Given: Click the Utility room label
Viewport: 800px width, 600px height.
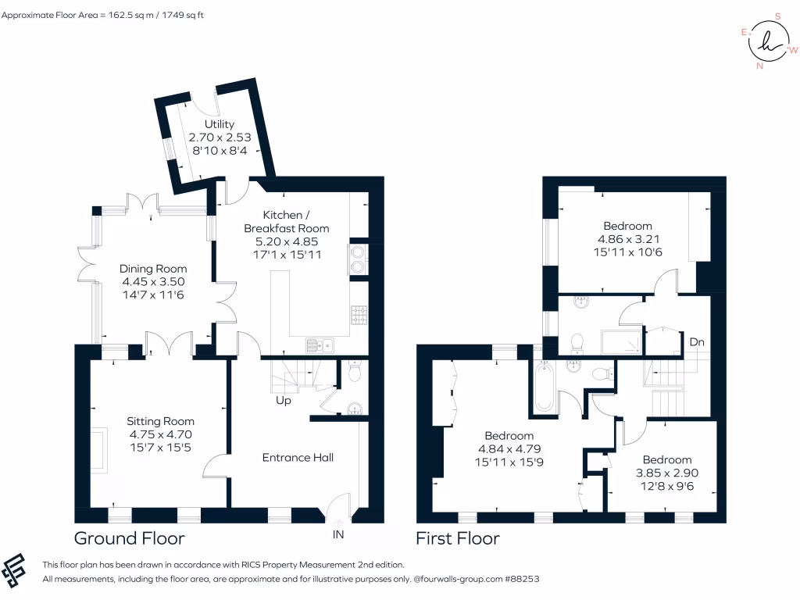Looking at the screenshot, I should [220, 124].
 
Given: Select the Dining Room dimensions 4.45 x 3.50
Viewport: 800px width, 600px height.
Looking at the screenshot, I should [154, 282].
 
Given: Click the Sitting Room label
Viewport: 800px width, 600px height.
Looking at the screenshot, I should [160, 421].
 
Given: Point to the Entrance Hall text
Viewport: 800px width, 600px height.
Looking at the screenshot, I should [298, 457].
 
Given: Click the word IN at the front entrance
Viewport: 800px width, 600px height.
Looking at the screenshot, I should [338, 534].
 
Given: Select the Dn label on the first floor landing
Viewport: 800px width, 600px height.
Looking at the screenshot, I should [698, 342].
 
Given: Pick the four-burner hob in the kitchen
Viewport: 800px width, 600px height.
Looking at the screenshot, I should [359, 315].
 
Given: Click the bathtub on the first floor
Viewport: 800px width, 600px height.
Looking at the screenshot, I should [544, 387].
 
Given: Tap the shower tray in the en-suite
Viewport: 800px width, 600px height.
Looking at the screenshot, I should [623, 341].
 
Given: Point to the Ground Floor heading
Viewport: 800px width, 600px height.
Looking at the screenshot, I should [129, 538].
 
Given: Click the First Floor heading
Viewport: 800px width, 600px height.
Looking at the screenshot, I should [457, 538].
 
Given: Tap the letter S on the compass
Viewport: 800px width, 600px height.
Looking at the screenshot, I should [777, 16].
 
